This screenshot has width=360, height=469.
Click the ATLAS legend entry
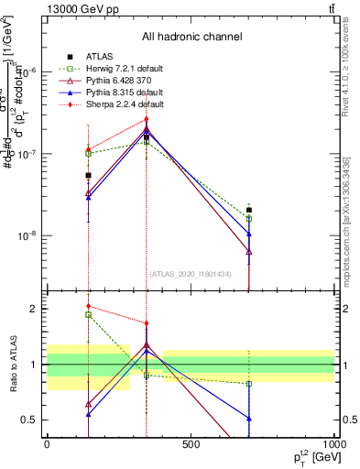tap(102, 56)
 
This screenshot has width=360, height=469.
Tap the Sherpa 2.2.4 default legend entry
tap(125, 104)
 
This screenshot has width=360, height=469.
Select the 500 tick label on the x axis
tap(191, 444)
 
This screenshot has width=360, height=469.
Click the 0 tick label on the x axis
tap(47, 444)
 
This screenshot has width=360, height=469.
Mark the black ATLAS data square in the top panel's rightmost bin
tap(249, 210)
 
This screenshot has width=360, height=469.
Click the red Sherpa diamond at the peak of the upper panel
tap(146, 119)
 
